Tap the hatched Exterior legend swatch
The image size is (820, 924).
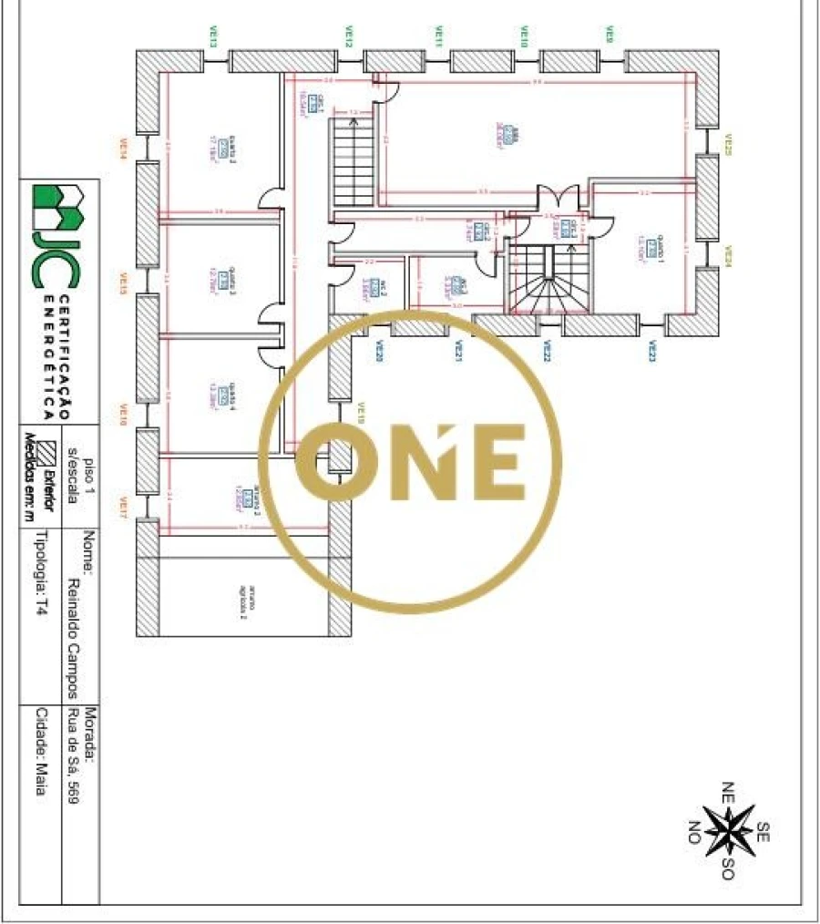coord(53,450)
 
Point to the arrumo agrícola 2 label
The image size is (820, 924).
coord(244,591)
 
